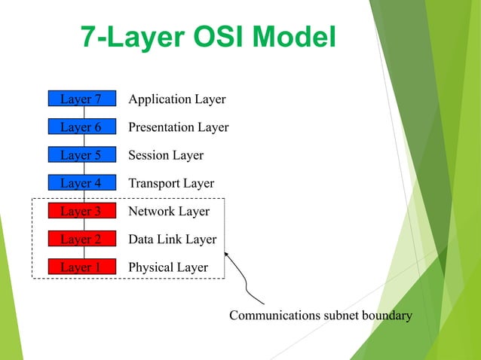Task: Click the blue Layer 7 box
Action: click(81, 99)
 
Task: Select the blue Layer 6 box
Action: click(81, 127)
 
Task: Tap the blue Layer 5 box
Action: click(81, 155)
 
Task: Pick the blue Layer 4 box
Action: click(81, 183)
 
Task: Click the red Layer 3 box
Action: click(81, 211)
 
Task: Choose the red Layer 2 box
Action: click(81, 239)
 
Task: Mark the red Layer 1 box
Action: click(81, 267)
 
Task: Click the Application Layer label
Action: click(177, 99)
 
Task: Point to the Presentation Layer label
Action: click(179, 127)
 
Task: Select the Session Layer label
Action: click(166, 155)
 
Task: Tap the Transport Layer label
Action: click(171, 183)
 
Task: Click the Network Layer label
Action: click(169, 212)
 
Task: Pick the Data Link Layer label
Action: click(173, 239)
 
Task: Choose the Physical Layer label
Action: click(168, 267)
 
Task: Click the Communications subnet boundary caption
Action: click(320, 316)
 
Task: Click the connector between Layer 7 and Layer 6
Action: click(84, 113)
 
